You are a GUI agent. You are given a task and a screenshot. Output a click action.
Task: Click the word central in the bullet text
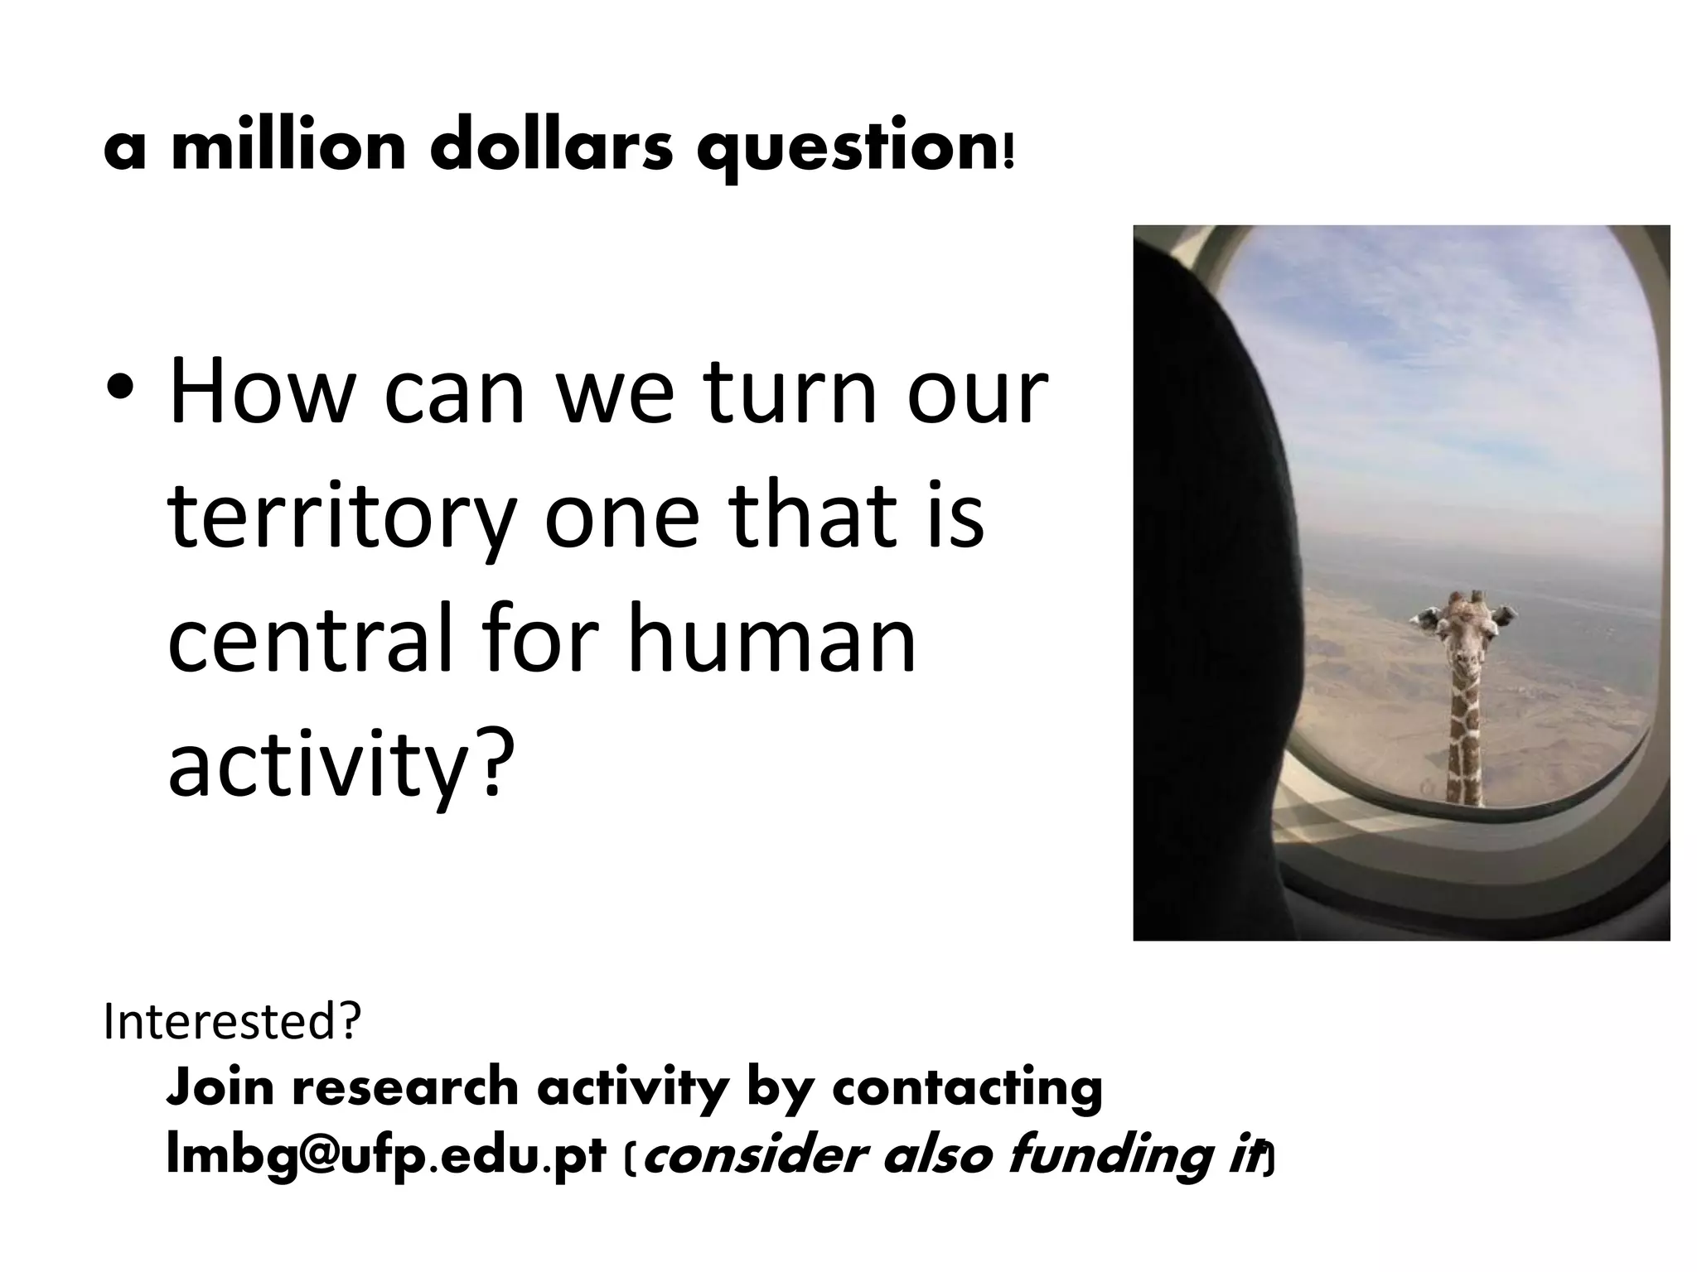point(307,638)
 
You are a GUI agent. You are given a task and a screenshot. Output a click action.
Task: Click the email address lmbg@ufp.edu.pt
point(386,1158)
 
